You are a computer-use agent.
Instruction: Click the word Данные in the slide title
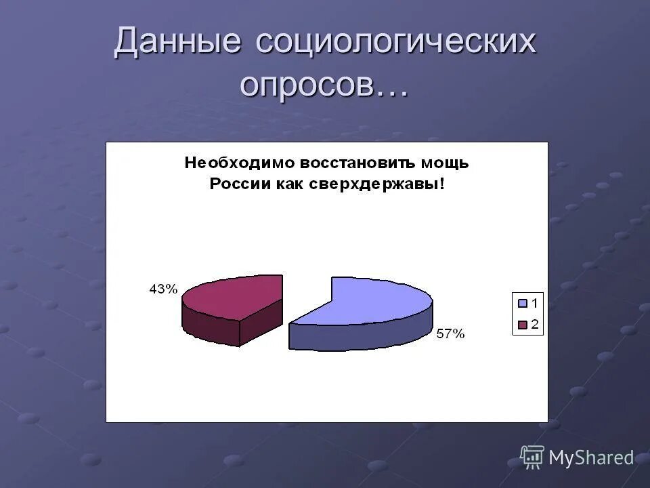coord(177,42)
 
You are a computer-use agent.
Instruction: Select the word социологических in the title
coord(396,42)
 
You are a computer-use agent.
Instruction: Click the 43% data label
coord(163,289)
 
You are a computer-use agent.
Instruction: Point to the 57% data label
coord(450,333)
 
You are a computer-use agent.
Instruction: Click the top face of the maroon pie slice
coord(234,296)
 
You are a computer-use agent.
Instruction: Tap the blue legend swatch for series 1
coord(522,303)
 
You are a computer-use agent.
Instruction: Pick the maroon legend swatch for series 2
coord(522,325)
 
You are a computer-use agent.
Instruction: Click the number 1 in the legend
coord(534,303)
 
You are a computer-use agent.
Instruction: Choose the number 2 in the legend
coord(534,325)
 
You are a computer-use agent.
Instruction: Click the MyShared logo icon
coord(532,457)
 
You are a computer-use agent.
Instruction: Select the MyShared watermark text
coord(591,458)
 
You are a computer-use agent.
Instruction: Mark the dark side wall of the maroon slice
coord(210,329)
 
